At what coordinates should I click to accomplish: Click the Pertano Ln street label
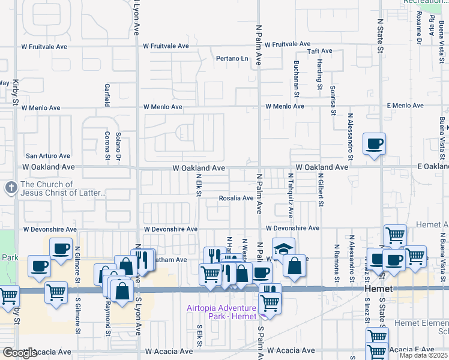(232, 59)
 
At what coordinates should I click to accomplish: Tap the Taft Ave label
(320, 52)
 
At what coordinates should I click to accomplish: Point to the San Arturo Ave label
(47, 156)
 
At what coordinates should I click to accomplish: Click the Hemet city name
(379, 289)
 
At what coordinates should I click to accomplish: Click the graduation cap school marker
(284, 248)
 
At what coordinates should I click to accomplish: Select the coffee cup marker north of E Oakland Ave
(374, 143)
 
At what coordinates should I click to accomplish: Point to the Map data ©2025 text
(423, 355)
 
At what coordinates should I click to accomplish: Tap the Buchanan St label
(297, 78)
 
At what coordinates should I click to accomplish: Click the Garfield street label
(107, 94)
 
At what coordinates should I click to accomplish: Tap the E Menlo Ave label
(406, 106)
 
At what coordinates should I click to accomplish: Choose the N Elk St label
(197, 185)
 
